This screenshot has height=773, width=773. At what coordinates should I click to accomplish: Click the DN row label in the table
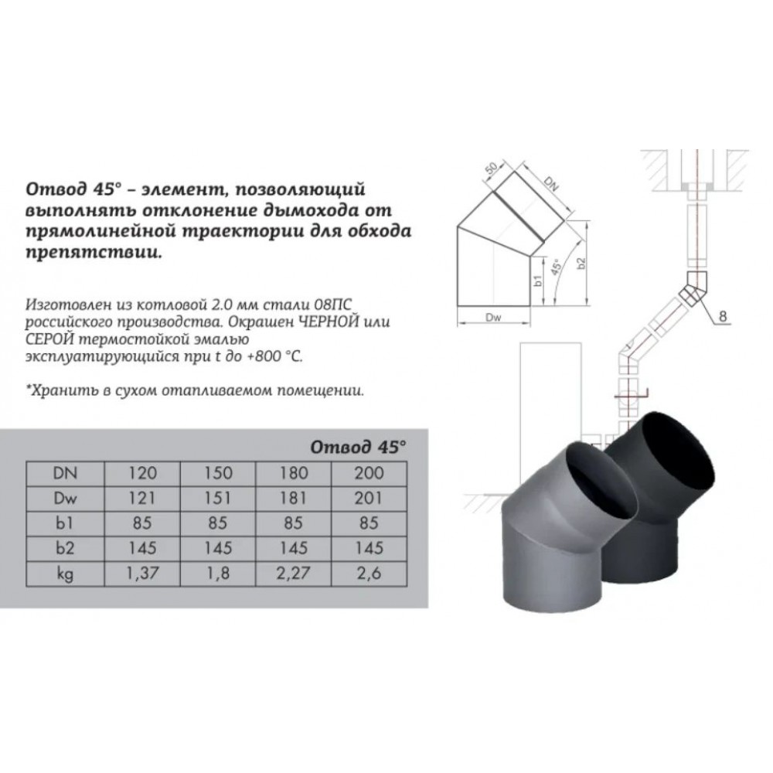coord(65,473)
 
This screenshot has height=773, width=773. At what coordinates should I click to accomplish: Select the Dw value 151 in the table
coord(217,499)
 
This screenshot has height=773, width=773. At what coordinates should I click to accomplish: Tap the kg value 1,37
coord(142,574)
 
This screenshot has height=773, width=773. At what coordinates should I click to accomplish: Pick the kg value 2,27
coord(293,574)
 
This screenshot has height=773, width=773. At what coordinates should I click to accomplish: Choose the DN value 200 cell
coord(369,473)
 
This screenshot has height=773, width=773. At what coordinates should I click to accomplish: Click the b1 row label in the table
coord(65,523)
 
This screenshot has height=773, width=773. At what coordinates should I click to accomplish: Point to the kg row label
coord(65,574)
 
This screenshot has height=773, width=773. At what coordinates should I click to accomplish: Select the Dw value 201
coord(369,499)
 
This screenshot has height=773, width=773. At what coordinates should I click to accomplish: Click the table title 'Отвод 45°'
coord(359,447)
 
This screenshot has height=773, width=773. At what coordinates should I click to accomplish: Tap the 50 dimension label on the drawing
coord(492,168)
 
